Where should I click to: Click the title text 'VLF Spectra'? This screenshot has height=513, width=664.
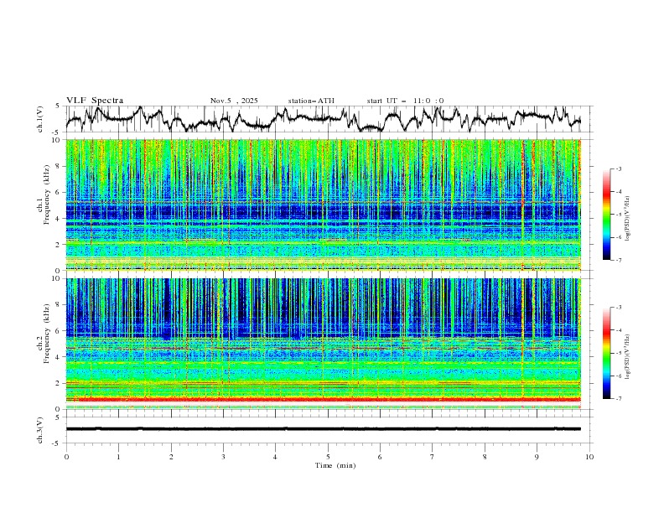click(95, 101)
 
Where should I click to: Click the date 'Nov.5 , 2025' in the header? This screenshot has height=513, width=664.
click(234, 101)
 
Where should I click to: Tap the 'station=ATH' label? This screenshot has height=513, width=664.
click(311, 101)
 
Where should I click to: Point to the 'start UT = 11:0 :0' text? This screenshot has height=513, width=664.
click(405, 101)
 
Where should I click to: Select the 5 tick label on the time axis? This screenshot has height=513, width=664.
click(328, 456)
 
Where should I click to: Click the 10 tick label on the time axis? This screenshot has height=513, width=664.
click(589, 456)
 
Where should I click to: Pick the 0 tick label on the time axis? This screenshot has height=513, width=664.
click(66, 456)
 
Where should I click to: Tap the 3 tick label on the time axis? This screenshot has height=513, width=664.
click(223, 456)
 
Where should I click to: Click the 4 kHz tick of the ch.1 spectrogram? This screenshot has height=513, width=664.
click(57, 219)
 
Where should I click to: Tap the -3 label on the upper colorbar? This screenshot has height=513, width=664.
click(619, 169)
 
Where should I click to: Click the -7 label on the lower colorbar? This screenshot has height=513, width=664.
click(619, 398)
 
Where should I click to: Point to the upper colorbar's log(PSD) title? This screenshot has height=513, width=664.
click(629, 214)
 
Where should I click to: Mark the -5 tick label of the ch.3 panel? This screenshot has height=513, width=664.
click(55, 443)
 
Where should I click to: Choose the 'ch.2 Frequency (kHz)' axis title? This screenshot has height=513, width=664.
click(42, 344)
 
